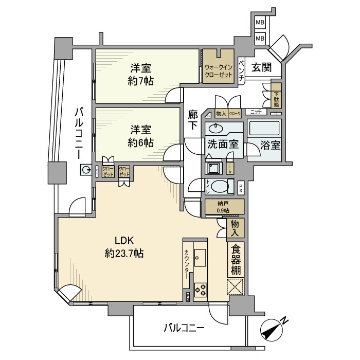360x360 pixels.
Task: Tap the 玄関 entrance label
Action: click(262, 66)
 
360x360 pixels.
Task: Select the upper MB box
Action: click(260, 23)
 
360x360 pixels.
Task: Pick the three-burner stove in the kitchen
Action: click(201, 290)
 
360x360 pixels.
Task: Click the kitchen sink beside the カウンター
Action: click(200, 257)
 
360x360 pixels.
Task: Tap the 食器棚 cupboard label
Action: click(236, 259)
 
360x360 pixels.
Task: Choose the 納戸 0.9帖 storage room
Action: click(223, 207)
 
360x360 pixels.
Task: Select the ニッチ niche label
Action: click(256, 112)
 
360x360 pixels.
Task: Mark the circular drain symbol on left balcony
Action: click(84, 170)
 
